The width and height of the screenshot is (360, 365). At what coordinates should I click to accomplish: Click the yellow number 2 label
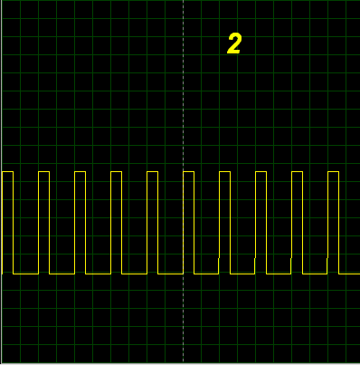[x=234, y=43]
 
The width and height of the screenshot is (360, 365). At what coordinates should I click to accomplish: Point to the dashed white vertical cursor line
[x=183, y=181]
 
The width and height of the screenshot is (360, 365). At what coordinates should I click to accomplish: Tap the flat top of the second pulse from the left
[x=44, y=172]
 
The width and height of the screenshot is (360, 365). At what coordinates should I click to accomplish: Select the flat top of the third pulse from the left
[x=81, y=172]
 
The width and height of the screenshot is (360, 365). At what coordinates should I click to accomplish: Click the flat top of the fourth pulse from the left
[x=117, y=172]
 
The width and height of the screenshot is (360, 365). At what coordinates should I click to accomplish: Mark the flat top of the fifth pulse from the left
[x=153, y=172]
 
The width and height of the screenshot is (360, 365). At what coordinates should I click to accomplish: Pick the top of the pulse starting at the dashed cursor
[x=189, y=172]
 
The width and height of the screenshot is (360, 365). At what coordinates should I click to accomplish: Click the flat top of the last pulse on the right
[x=334, y=172]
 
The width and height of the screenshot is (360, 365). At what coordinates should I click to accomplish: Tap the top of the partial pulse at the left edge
[x=7, y=172]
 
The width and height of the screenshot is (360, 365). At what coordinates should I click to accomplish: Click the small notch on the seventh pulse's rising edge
[x=219, y=258]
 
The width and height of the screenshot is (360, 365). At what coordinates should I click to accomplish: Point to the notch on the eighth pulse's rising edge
[x=255, y=258]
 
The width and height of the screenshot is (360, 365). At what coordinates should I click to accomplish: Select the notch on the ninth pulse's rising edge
[x=291, y=258]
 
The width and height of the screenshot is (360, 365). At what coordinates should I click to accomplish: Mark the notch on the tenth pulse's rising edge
[x=327, y=258]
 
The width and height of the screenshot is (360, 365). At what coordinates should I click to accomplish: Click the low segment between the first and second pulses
[x=26, y=274]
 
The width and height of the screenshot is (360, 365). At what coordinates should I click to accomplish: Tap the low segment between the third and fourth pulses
[x=99, y=274]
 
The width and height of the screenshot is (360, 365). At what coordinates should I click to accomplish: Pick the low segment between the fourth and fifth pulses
[x=135, y=274]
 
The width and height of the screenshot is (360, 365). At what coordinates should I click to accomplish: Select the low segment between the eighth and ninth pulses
[x=279, y=274]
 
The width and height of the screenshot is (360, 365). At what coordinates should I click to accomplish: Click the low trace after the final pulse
[x=349, y=274]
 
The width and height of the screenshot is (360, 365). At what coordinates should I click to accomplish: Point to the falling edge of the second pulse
[x=50, y=223]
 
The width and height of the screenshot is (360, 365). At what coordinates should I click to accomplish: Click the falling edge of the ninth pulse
[x=303, y=223]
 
